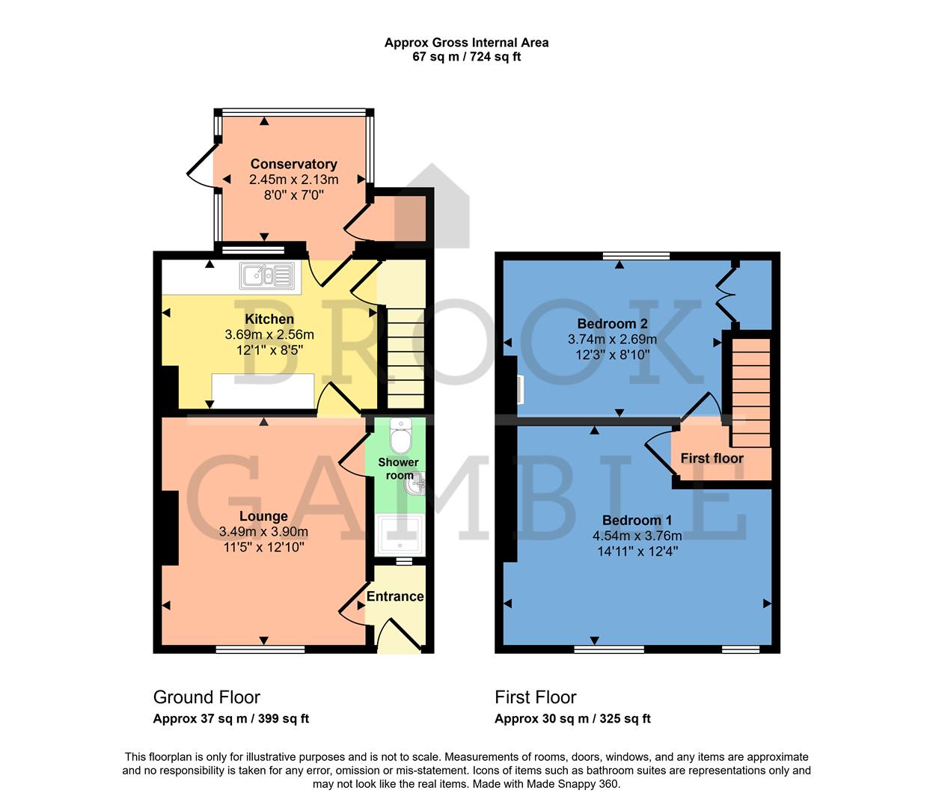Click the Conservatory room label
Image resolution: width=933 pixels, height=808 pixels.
[x=293, y=164]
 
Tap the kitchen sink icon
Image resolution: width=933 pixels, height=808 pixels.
[x=266, y=276]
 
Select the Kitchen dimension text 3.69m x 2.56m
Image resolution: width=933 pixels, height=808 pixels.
[x=269, y=334]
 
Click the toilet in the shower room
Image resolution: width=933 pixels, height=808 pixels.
[x=401, y=436]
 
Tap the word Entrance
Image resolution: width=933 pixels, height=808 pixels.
[x=395, y=596]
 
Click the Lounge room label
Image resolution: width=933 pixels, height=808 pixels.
[x=263, y=516]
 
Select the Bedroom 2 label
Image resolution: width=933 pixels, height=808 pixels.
[x=612, y=324]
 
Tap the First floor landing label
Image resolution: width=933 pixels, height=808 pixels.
[x=712, y=458]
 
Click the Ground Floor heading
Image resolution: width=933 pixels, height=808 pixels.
[x=207, y=697]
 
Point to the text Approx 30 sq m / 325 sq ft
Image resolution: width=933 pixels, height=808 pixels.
[x=572, y=719]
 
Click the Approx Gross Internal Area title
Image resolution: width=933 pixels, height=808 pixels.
[x=466, y=43]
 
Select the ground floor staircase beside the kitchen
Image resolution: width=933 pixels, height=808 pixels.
[x=405, y=355]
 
